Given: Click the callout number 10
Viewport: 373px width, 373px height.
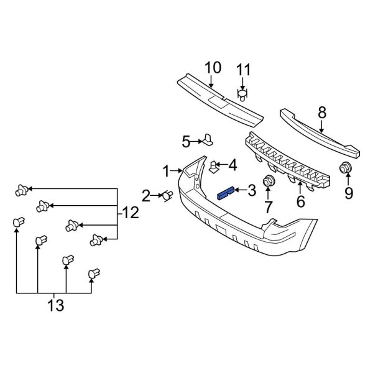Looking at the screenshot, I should coord(212,68).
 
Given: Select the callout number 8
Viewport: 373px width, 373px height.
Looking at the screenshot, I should coord(321,113).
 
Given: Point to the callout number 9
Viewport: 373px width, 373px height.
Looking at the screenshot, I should coord(348,193).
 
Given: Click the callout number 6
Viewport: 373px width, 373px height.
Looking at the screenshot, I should coord(300,201).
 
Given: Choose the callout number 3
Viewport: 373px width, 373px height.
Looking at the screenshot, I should coord(251,190).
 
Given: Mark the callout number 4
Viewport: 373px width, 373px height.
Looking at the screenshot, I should coord(232,165).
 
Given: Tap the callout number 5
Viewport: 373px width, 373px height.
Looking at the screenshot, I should coord(186,142).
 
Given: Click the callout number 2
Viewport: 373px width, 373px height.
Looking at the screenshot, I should coord(146,197).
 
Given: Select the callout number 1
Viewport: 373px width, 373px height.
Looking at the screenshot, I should coord(166,170).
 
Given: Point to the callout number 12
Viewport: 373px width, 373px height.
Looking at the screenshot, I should coord(130,213).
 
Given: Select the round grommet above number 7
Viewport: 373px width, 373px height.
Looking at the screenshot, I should coord(269,182).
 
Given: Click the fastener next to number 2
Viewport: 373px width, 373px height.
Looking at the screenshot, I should coord(167,196).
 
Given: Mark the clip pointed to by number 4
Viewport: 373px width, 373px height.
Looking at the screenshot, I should coord(213,166).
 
